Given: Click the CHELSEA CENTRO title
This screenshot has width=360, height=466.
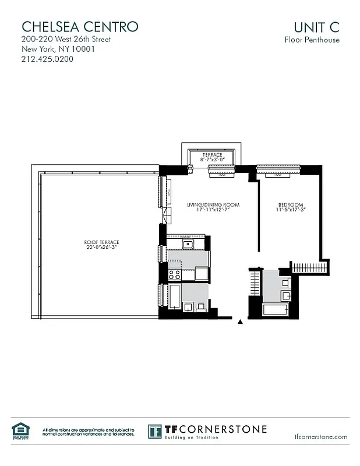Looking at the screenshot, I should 80,26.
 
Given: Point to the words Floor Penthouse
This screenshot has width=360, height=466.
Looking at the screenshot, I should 312,40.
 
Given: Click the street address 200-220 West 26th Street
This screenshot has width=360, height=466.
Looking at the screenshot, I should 66,40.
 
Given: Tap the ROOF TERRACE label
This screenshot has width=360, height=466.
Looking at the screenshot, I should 97,242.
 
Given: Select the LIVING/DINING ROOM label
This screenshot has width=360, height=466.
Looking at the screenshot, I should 213,206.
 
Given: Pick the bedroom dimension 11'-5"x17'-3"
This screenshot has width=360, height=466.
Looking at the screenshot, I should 290,210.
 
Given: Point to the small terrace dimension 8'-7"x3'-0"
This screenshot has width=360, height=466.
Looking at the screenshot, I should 212,160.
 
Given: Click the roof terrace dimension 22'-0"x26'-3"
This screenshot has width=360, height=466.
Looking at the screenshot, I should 97,247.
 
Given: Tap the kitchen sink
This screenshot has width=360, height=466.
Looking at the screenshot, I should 188,244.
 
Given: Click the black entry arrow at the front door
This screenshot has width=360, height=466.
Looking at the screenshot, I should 240,321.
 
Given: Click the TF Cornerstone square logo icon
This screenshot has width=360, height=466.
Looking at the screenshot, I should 155,432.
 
